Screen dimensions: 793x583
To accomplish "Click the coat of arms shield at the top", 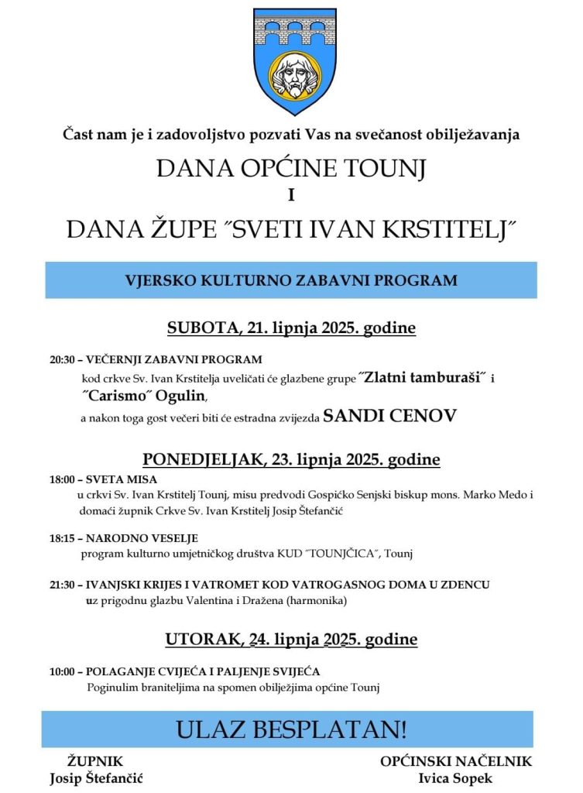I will (291, 62).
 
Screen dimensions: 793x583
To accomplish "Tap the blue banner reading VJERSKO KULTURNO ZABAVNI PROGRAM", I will (291, 280).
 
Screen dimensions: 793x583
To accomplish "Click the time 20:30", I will (61, 360).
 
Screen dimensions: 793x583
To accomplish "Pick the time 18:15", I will (61, 538).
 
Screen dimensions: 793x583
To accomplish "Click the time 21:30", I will (61, 585).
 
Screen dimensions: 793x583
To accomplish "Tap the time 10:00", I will (61, 671).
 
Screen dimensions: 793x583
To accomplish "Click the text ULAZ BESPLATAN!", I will (291, 729).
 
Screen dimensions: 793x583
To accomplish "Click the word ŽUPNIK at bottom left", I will (96, 761).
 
